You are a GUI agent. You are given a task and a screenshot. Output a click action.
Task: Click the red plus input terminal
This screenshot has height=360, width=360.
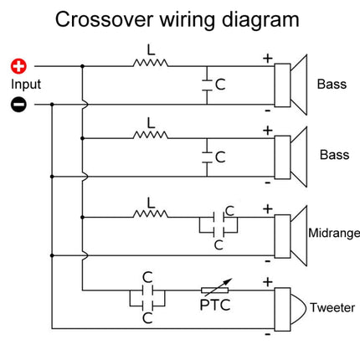[x=18, y=67]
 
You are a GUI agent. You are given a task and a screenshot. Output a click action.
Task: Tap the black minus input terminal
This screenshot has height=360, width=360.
[x=18, y=105]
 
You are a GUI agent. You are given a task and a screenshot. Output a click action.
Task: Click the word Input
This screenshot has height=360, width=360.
[x=26, y=85]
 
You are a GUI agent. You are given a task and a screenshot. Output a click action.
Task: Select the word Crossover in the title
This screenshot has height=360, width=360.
[x=105, y=19]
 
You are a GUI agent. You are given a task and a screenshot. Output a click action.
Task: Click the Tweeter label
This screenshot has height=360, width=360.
[x=332, y=308]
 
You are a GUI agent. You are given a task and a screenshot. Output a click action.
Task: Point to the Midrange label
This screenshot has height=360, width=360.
[x=334, y=234]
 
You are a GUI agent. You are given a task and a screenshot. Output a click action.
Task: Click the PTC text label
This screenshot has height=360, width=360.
[x=215, y=305]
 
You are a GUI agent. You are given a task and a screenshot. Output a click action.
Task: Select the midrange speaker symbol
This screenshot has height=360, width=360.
[x=291, y=236]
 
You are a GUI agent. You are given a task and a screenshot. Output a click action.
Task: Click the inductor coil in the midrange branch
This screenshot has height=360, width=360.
[x=151, y=213]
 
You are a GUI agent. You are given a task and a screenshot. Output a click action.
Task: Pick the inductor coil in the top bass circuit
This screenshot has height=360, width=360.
[x=151, y=63]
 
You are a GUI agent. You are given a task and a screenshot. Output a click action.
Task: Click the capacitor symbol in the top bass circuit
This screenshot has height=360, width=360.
[x=207, y=85]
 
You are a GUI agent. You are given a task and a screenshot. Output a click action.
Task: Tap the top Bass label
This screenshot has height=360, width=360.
[x=332, y=85]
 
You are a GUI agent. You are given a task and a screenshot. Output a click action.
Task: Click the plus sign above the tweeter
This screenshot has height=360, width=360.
[x=268, y=282]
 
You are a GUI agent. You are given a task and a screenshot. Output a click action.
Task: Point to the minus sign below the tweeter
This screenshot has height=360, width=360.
[x=268, y=335]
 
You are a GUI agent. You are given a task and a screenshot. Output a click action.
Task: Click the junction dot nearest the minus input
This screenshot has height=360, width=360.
[x=52, y=105]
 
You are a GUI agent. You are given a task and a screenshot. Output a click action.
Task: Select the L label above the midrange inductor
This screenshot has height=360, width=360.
[x=151, y=203]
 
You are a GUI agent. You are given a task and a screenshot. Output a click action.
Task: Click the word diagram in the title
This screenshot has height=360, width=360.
[x=260, y=19]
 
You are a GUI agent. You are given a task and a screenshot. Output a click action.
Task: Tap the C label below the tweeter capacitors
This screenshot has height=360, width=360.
[x=147, y=318]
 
